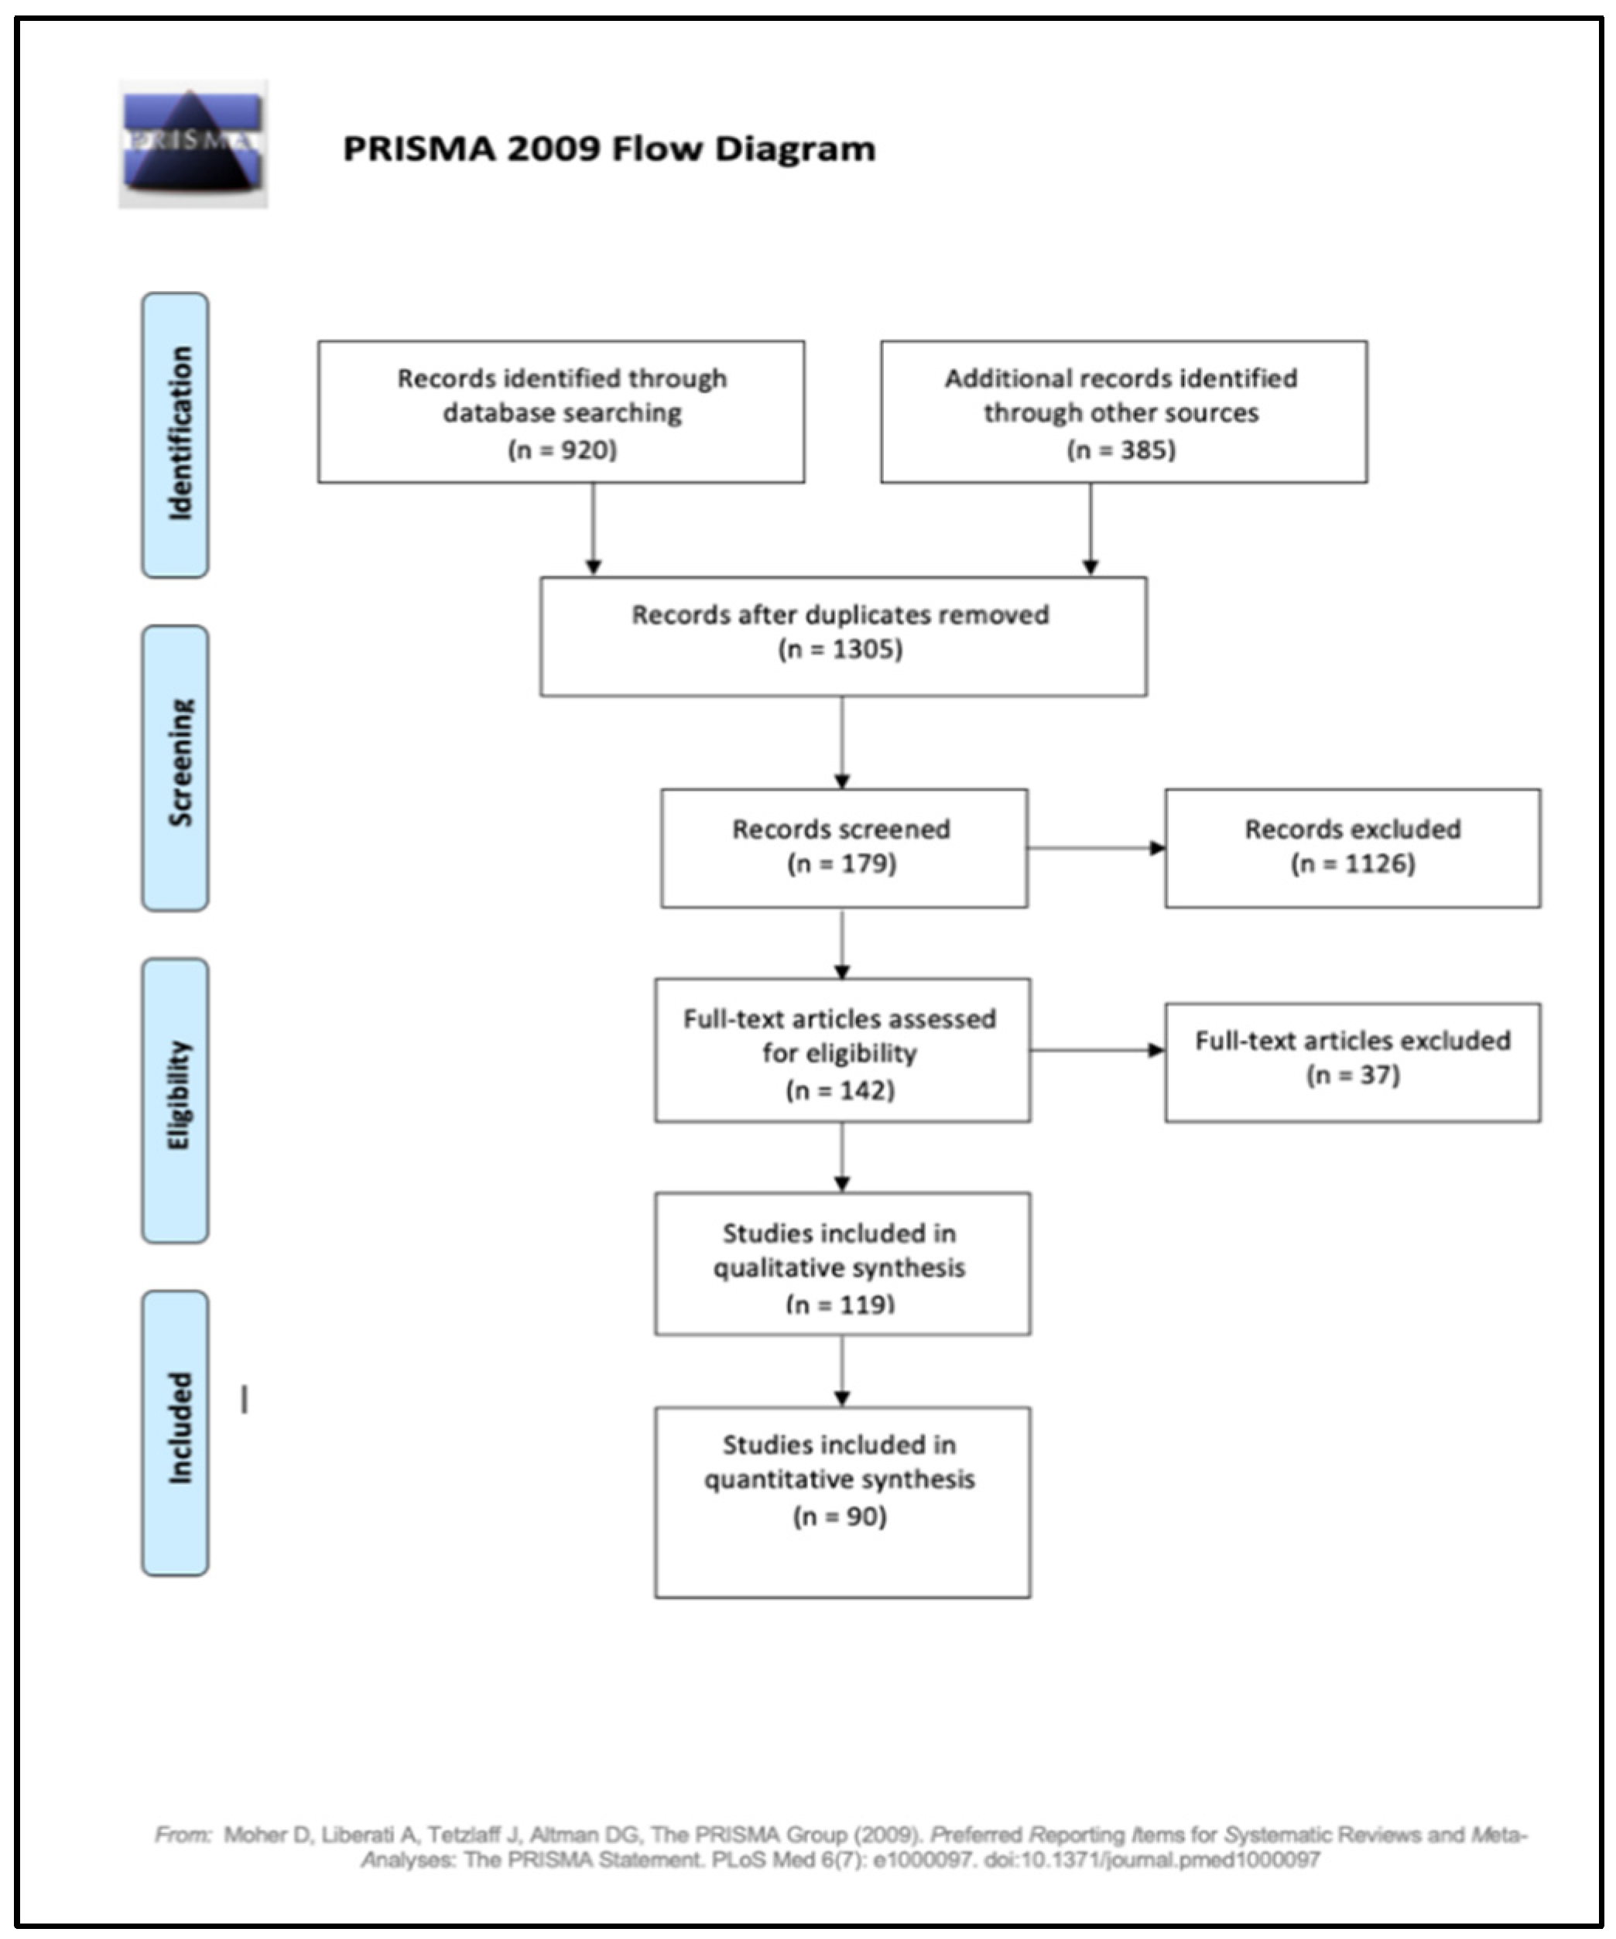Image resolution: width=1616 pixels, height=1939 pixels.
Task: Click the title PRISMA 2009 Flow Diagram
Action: coord(608,149)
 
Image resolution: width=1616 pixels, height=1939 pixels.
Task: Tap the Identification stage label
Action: coord(176,435)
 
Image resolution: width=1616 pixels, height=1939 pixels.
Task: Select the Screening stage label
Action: coord(176,768)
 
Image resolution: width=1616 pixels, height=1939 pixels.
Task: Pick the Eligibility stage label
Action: coord(176,1099)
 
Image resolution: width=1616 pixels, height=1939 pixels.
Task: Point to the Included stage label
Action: coord(176,1432)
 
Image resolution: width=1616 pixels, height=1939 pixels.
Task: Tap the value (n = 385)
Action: coord(1121,450)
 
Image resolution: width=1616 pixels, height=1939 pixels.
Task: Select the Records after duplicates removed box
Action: coord(842,636)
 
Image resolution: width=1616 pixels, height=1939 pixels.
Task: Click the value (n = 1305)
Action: coord(840,649)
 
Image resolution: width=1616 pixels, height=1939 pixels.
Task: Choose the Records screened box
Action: coord(843,847)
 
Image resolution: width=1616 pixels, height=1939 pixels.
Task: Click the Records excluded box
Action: coord(1352,847)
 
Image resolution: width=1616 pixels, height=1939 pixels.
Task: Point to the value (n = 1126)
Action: coord(1352,864)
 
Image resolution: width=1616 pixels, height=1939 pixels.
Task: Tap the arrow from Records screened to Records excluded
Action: coord(1095,847)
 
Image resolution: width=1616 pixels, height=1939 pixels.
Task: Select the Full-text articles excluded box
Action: coord(1352,1062)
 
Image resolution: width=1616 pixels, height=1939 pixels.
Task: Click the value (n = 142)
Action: coord(840,1090)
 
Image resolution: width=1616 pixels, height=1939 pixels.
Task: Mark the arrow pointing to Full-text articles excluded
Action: coord(1096,1050)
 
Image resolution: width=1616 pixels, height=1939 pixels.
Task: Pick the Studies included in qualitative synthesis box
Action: coord(842,1263)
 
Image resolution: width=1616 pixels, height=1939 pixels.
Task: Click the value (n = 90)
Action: coord(840,1517)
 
